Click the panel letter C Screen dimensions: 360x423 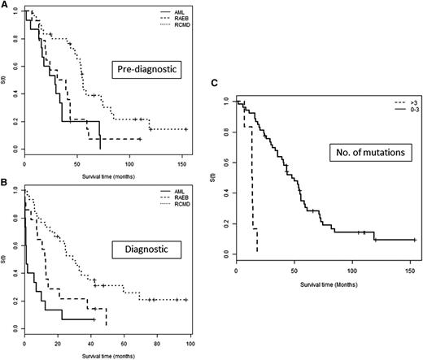pyautogui.click(x=217, y=84)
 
